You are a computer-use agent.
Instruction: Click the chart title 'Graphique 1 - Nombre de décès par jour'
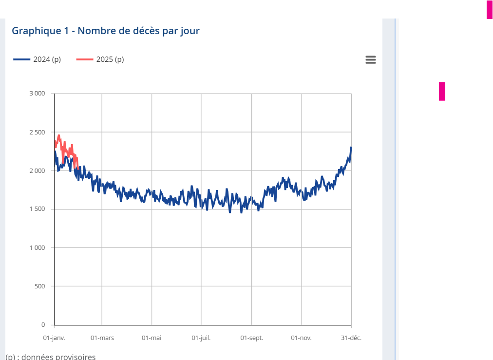coord(106,31)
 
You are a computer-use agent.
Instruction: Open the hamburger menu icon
coord(371,59)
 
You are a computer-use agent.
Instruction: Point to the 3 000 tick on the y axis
coord(37,94)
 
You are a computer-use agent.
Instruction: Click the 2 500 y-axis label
coord(37,132)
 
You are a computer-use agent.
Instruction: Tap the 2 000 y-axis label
coord(37,171)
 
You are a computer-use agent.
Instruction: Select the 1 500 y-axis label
coord(37,209)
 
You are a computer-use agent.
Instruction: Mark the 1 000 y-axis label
coord(37,247)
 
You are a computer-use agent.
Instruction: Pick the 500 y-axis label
coord(40,286)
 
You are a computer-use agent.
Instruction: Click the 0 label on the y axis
coord(43,324)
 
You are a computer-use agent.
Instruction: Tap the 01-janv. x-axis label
coord(54,338)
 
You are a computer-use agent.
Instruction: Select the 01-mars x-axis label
coord(102,338)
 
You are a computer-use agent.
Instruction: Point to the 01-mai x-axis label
coord(152,338)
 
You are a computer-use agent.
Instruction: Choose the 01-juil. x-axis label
coord(201,338)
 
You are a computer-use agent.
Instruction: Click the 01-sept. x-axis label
coord(251,338)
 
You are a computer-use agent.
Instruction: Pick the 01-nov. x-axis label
coord(301,338)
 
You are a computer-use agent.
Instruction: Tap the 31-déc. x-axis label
coord(351,338)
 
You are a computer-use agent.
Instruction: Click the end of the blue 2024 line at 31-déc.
coord(351,148)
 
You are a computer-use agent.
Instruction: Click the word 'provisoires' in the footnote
coord(76,357)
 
